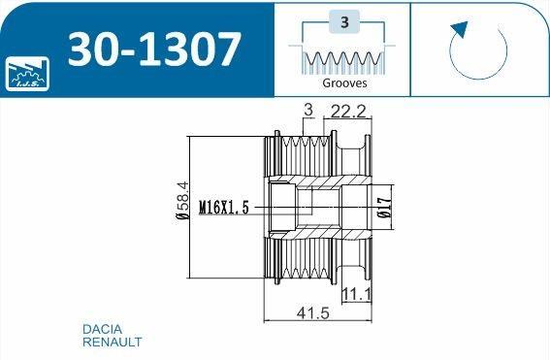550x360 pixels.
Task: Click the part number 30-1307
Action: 154,49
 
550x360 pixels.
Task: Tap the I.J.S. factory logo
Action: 27,74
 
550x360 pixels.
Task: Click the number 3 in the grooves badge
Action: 344,22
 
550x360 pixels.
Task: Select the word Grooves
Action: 344,83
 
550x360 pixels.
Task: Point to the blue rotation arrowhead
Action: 460,29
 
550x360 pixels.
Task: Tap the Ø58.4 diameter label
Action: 182,200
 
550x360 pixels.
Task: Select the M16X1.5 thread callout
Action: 224,207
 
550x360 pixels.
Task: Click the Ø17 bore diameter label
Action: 385,207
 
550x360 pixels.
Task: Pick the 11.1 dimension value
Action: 356,294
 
